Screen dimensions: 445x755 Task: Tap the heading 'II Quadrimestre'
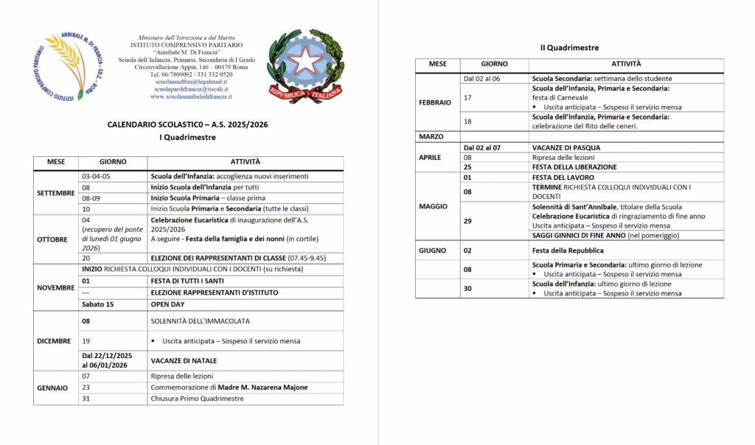click(569, 48)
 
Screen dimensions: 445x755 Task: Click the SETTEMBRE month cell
click(56, 193)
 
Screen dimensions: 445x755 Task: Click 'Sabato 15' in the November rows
click(98, 304)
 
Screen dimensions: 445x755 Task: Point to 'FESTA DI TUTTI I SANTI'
click(193, 281)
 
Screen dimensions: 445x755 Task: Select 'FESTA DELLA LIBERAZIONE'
click(574, 167)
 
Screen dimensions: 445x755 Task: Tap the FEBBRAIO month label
click(435, 102)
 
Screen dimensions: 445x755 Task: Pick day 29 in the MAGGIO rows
click(467, 221)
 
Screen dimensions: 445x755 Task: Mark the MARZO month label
click(431, 137)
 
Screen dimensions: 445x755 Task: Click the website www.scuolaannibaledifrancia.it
click(191, 97)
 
